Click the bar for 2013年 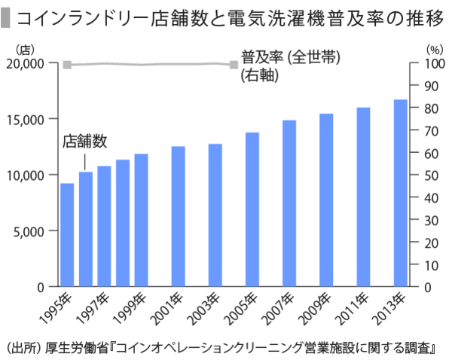(x=400, y=194)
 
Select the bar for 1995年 (x=67, y=235)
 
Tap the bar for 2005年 (x=252, y=209)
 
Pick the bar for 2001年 (x=179, y=217)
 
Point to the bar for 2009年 (x=326, y=200)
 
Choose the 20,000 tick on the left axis (x=27, y=63)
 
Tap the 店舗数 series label (x=85, y=141)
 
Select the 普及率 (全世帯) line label (x=289, y=57)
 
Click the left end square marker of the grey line (x=67, y=65)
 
